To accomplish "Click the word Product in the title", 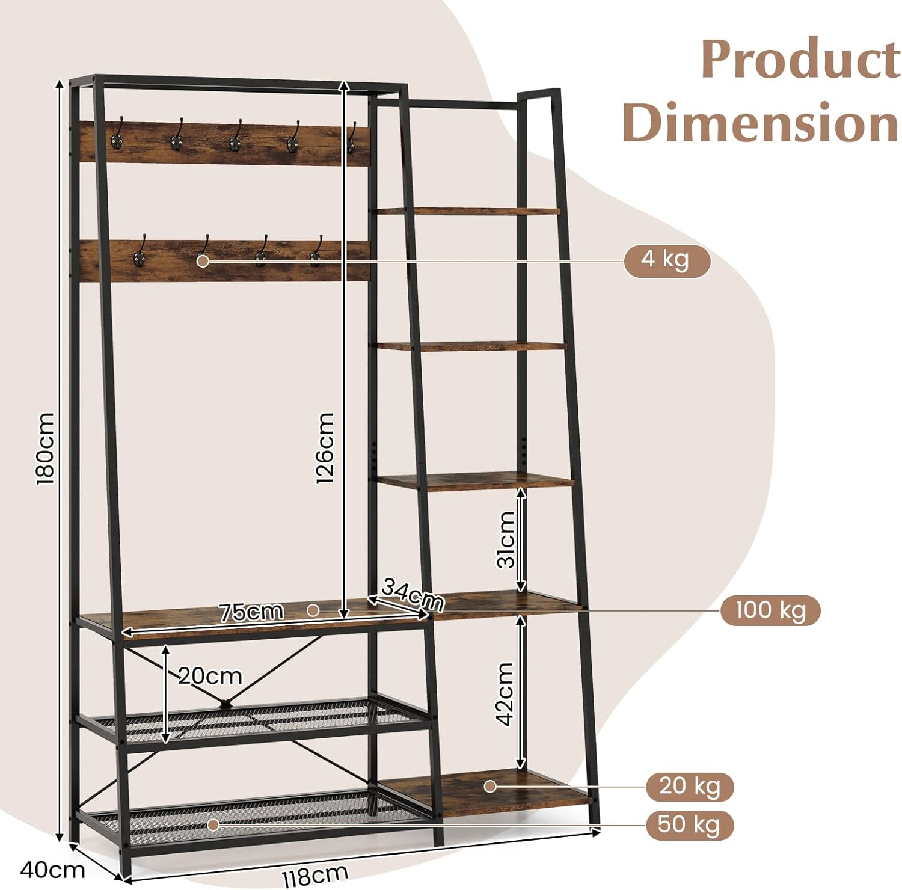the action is point(800,59).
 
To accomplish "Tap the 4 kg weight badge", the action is point(666,260).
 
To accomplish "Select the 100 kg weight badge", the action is point(770,610).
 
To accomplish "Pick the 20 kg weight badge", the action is point(690,786).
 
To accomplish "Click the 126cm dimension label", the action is point(325,448).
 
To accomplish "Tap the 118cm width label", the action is point(314,874).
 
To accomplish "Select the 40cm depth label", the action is point(52,870).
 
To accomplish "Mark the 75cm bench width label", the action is point(251,612).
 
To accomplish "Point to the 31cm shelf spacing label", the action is point(506,539).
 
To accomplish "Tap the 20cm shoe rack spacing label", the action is point(210,676).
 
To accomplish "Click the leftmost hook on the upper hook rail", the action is point(118,136).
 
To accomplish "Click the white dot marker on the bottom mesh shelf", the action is point(213,825).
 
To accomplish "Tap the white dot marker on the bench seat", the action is point(313,610).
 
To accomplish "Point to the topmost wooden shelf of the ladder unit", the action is point(469,211).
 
